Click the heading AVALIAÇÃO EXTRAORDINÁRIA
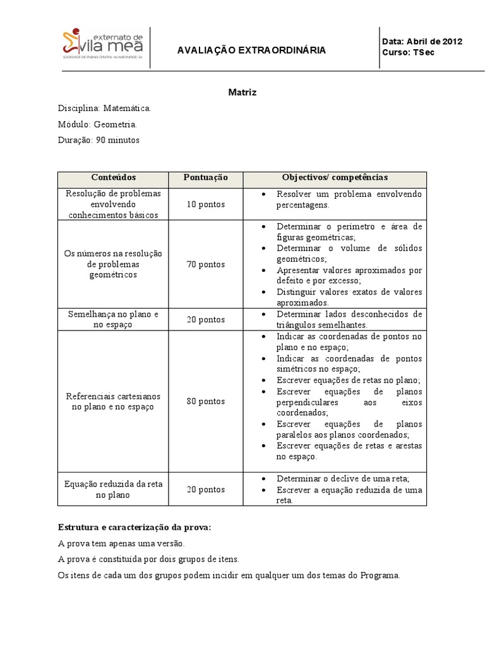click(x=251, y=50)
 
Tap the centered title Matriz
click(x=242, y=92)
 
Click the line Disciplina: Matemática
click(x=104, y=109)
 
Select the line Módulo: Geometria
click(x=97, y=124)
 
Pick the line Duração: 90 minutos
click(x=99, y=140)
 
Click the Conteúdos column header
click(x=113, y=178)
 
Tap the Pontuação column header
click(x=205, y=178)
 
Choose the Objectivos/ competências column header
click(x=335, y=178)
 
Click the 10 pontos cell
click(x=205, y=204)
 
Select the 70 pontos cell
click(x=205, y=264)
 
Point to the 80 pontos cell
click(x=205, y=401)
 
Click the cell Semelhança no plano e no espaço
click(x=113, y=319)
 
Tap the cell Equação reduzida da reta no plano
click(x=113, y=490)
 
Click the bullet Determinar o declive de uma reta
click(x=343, y=478)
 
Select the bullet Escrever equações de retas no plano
click(x=348, y=380)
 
